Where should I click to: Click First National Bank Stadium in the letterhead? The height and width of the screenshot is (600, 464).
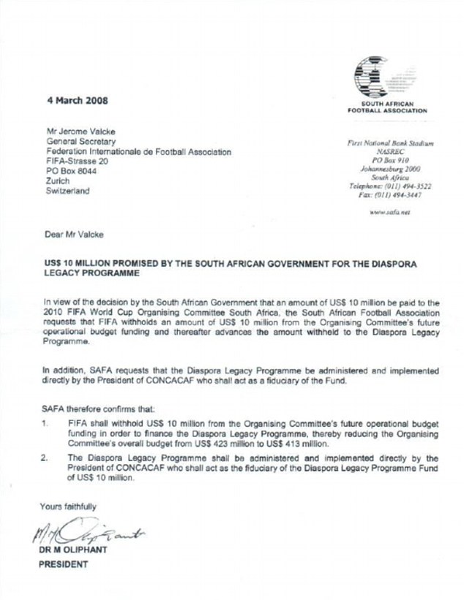coord(392,145)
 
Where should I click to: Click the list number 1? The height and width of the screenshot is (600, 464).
coord(47,422)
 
